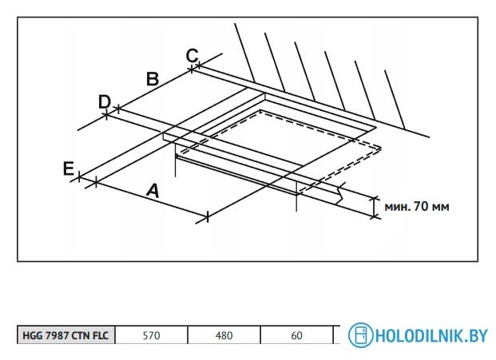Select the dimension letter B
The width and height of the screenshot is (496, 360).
(x=153, y=78)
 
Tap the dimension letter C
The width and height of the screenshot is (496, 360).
(x=192, y=56)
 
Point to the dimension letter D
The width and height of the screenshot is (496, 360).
(x=104, y=101)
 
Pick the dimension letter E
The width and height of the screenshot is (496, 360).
(x=69, y=168)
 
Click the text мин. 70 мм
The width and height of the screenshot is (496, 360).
(x=416, y=207)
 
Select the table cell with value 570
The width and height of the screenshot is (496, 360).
(x=151, y=336)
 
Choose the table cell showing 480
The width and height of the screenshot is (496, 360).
(x=224, y=336)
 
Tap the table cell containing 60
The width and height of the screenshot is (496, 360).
(x=296, y=336)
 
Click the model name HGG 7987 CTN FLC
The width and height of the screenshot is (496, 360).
(x=66, y=336)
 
